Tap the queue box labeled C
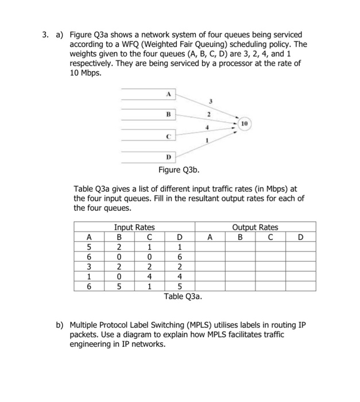pyautogui.click(x=169, y=137)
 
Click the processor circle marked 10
pyautogui.click(x=243, y=123)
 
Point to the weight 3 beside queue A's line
pyautogui.click(x=210, y=101)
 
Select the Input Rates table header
pyautogui.click(x=134, y=227)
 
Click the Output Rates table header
pyautogui.click(x=255, y=227)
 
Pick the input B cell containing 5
pyautogui.click(x=119, y=286)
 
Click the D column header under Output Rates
pyautogui.click(x=300, y=236)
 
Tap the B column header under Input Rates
pyautogui.click(x=119, y=236)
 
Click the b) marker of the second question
pyautogui.click(x=60, y=324)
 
